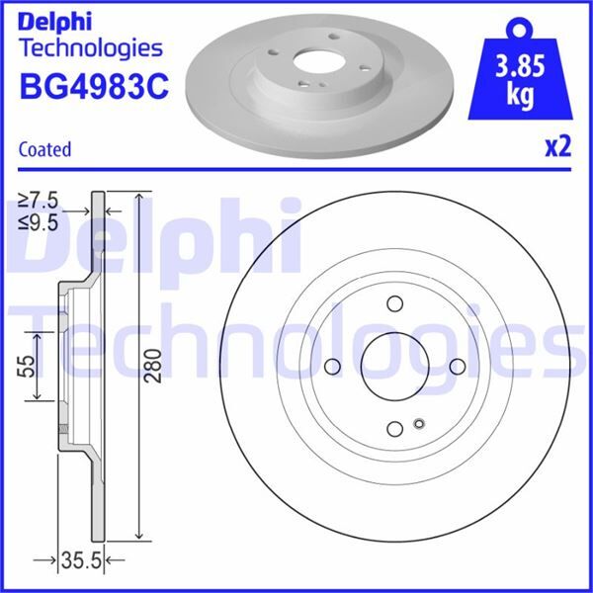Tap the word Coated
click(x=45, y=149)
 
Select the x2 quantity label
click(x=558, y=147)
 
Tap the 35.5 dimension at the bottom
click(x=84, y=562)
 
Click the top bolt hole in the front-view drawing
click(x=394, y=304)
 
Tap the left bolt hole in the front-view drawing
click(x=333, y=367)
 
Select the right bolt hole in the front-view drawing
click(x=457, y=367)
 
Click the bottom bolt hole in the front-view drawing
click(x=394, y=428)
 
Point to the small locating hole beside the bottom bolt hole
click(x=418, y=425)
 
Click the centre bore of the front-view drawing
click(x=394, y=367)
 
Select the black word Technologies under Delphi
click(x=91, y=47)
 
